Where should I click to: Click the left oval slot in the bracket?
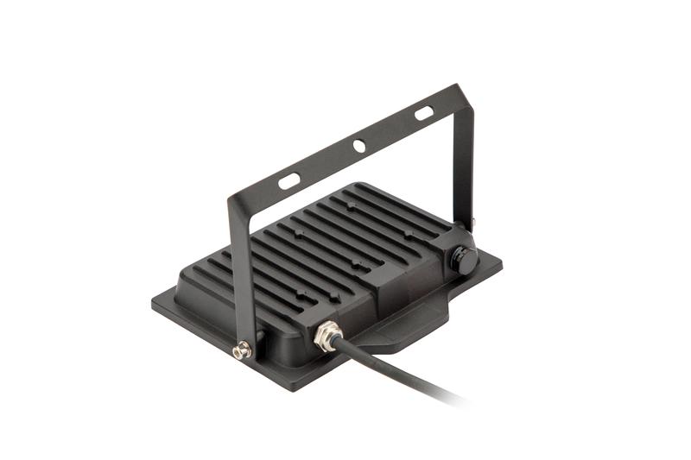[x=289, y=180]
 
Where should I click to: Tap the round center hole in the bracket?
[x=358, y=147]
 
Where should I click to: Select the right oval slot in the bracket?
[x=423, y=113]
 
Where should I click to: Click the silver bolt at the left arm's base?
[x=244, y=350]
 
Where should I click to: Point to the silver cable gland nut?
[x=328, y=335]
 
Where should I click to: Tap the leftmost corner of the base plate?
[x=154, y=301]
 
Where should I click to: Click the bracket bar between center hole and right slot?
[x=390, y=130]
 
